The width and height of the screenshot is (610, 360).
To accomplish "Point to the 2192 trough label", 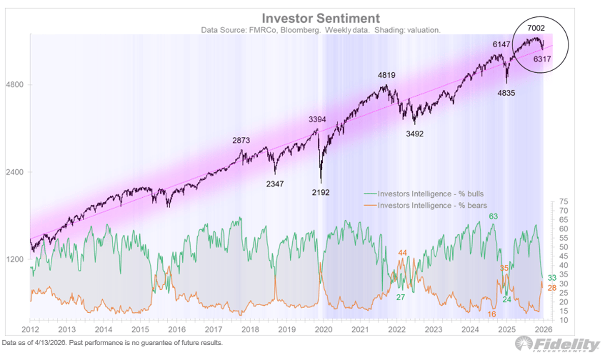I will pyautogui.click(x=321, y=193).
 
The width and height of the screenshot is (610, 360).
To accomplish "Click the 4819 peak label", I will pyautogui.click(x=386, y=76).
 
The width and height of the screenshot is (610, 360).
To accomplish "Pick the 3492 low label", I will pyautogui.click(x=415, y=134).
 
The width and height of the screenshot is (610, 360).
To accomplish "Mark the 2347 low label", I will pyautogui.click(x=275, y=184).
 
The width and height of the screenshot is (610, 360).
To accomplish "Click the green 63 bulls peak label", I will pyautogui.click(x=493, y=216).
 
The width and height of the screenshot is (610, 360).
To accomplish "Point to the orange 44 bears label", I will pyautogui.click(x=403, y=253).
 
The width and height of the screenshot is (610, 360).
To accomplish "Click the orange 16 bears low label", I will pyautogui.click(x=492, y=315).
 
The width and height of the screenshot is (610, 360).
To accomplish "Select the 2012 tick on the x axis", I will pyautogui.click(x=32, y=329).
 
